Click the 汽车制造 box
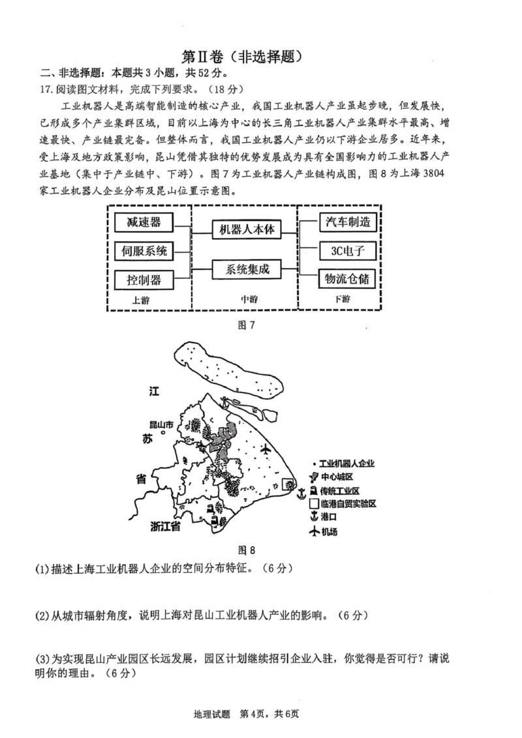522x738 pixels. [347, 222]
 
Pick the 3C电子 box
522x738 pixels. [347, 250]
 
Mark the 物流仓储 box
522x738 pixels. [347, 279]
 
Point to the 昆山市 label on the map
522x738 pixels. [161, 424]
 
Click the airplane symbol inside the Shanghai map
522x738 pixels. [266, 450]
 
